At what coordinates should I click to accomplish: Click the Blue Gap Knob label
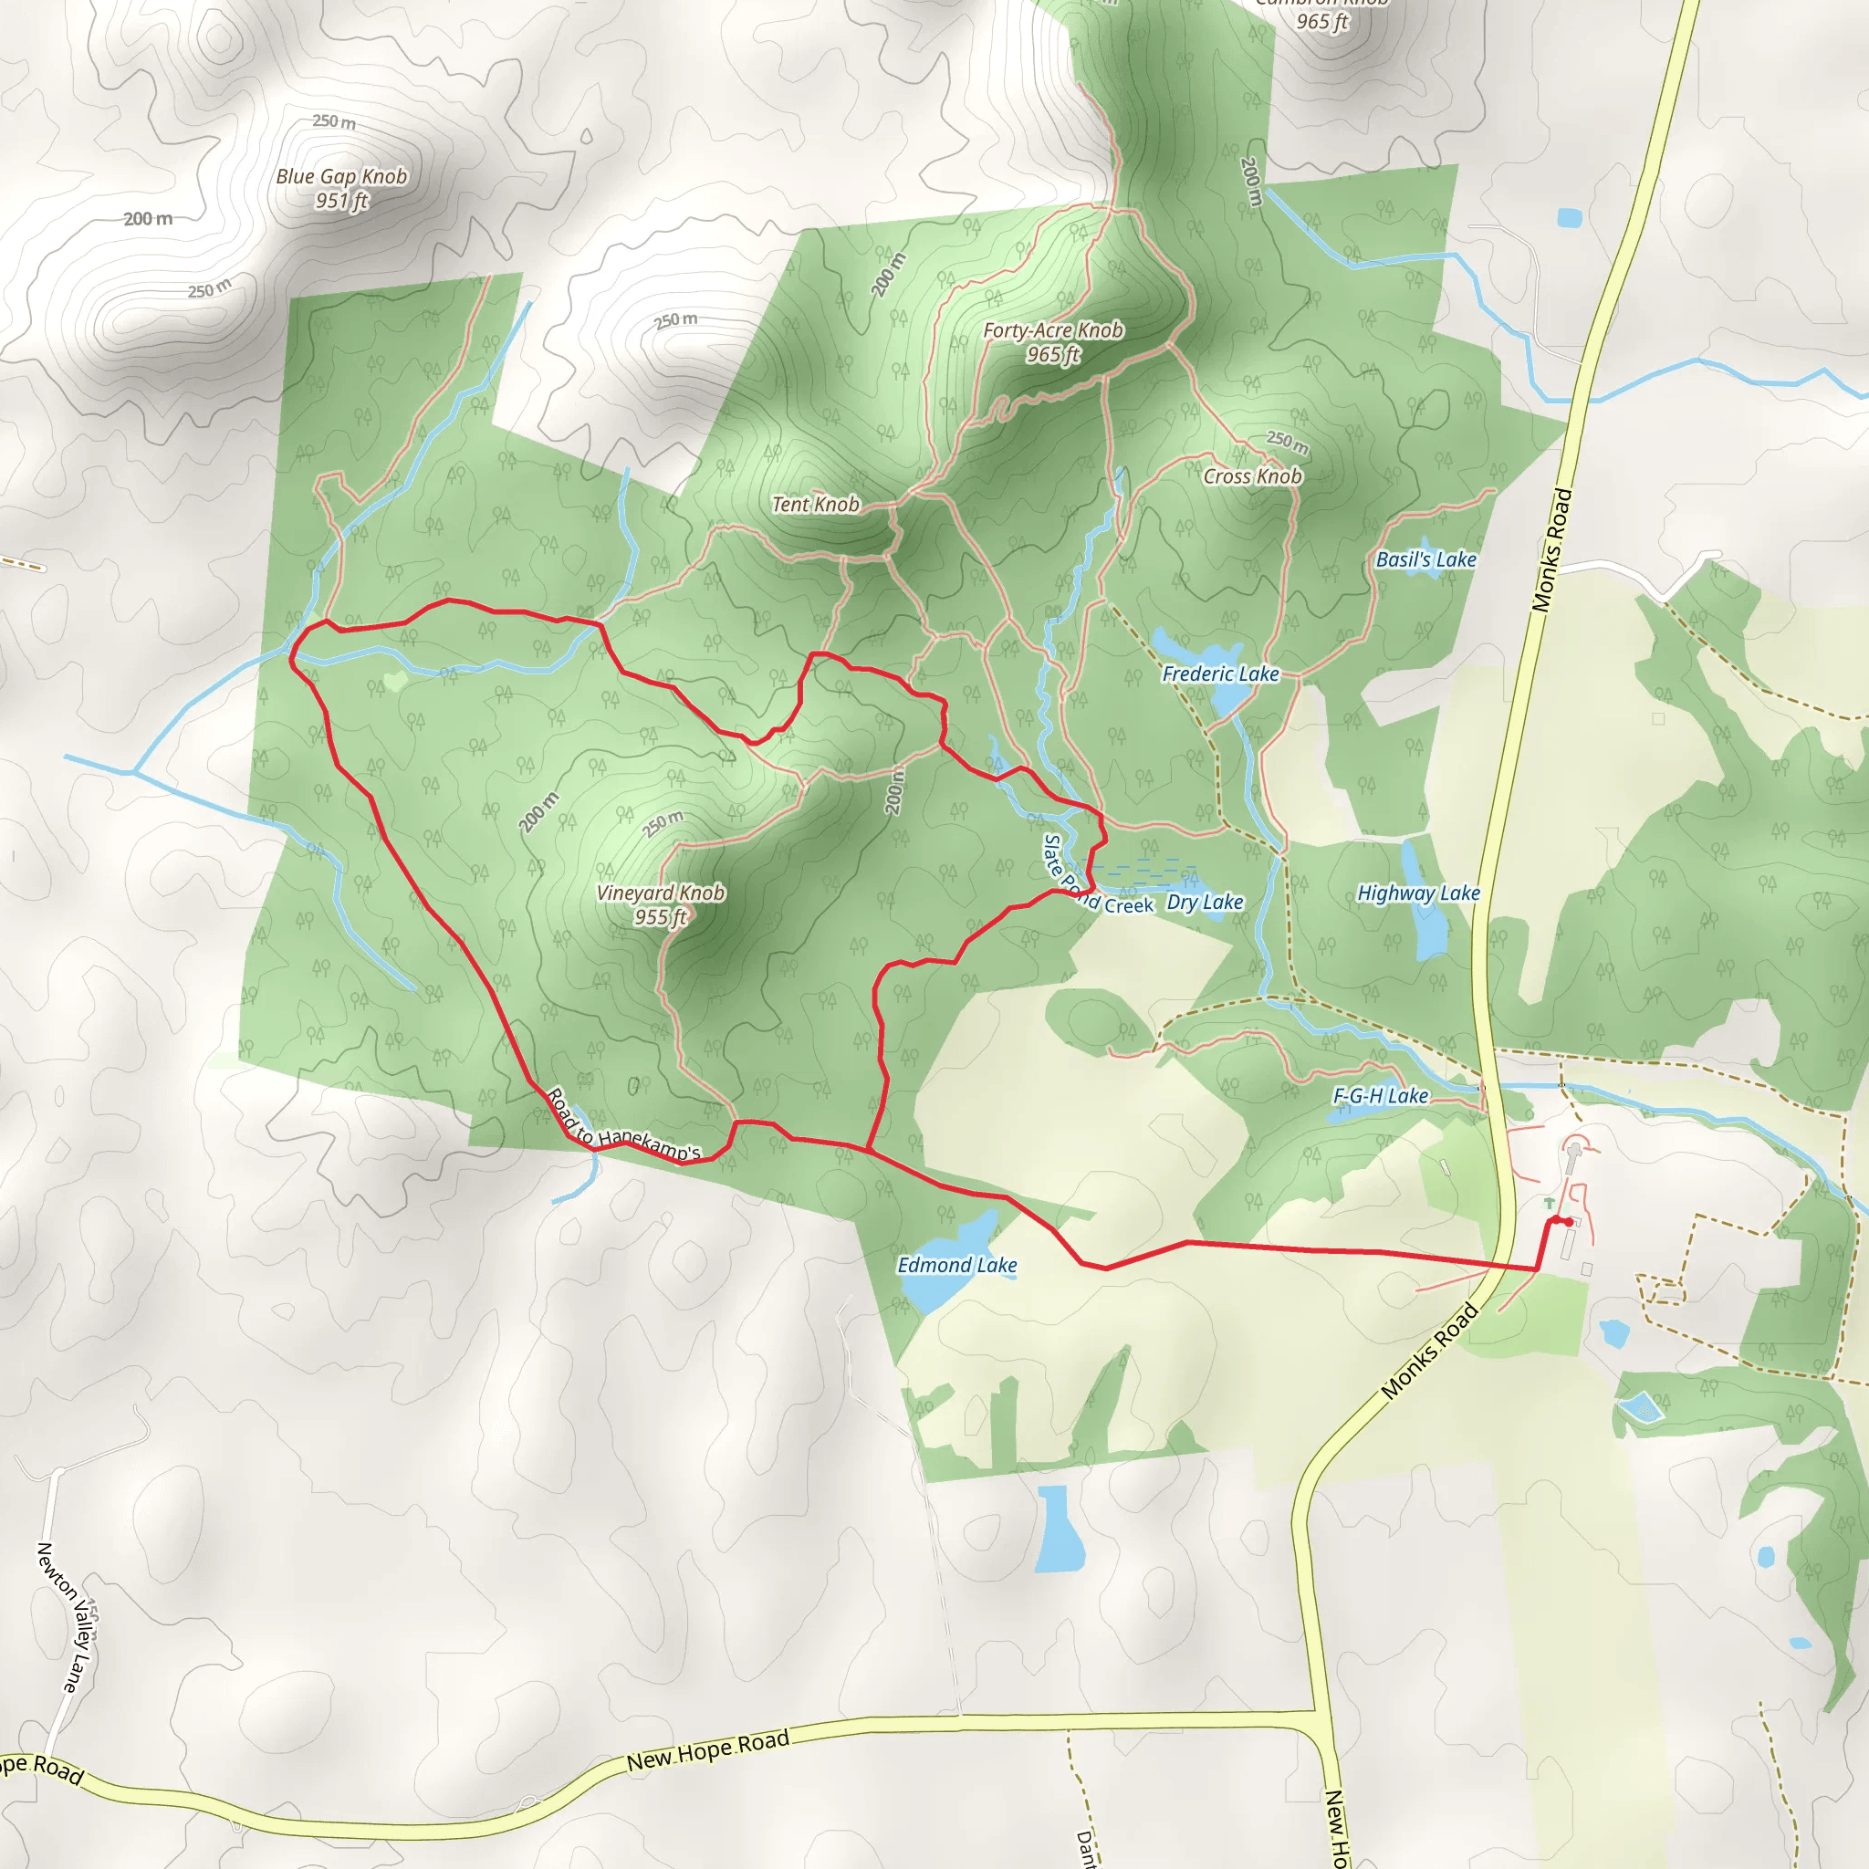pos(341,176)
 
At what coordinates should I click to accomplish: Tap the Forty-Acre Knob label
pos(1052,329)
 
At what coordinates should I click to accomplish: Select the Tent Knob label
pos(815,504)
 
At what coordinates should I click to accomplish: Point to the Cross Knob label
pos(1252,476)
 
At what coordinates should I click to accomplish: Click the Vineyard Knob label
pos(660,893)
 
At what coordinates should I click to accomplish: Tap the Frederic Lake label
pos(1220,673)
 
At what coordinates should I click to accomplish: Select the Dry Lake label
pos(1205,902)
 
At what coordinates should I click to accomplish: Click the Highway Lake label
pos(1418,893)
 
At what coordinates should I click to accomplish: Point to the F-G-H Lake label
pos(1381,1096)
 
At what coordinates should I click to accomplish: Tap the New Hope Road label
pos(708,1751)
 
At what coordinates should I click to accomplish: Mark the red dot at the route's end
pos(1567,1222)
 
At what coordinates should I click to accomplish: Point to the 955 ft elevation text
pos(660,917)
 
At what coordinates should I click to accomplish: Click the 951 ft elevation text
pos(341,201)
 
